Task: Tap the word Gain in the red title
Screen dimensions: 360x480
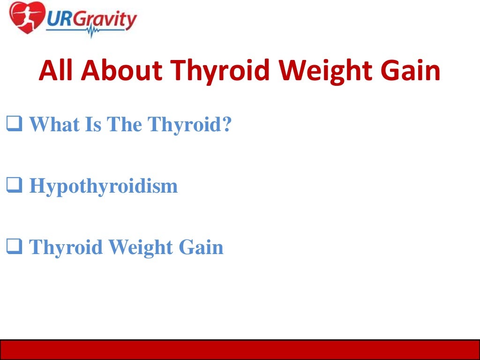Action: [412, 70]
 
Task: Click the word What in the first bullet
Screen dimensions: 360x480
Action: [53, 125]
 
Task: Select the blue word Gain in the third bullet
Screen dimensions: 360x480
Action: [200, 247]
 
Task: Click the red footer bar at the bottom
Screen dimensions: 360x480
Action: [240, 350]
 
